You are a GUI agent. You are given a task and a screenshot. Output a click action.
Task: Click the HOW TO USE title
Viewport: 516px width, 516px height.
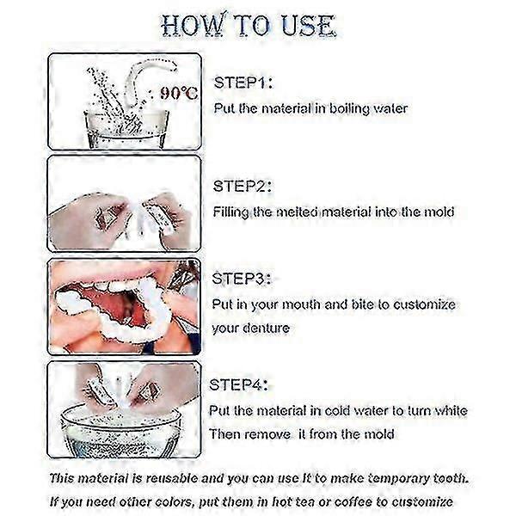pyautogui.click(x=249, y=25)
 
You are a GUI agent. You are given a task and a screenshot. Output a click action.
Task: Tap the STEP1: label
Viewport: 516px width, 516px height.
pyautogui.click(x=243, y=83)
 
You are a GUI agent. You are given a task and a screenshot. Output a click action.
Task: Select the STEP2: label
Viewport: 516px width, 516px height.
pyautogui.click(x=243, y=187)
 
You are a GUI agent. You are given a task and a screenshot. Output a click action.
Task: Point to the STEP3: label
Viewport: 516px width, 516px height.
pyautogui.click(x=242, y=279)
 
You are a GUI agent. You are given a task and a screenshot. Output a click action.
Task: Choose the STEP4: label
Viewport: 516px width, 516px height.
pyautogui.click(x=238, y=384)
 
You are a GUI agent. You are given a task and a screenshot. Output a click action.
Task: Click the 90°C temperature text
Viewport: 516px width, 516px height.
pyautogui.click(x=179, y=94)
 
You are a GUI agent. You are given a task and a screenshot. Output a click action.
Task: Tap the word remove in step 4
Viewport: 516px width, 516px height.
pyautogui.click(x=267, y=434)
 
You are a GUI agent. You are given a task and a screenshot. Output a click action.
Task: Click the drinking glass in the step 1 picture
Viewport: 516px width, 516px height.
pyautogui.click(x=126, y=128)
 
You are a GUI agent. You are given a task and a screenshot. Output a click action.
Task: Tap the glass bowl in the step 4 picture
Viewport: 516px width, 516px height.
pyautogui.click(x=121, y=430)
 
